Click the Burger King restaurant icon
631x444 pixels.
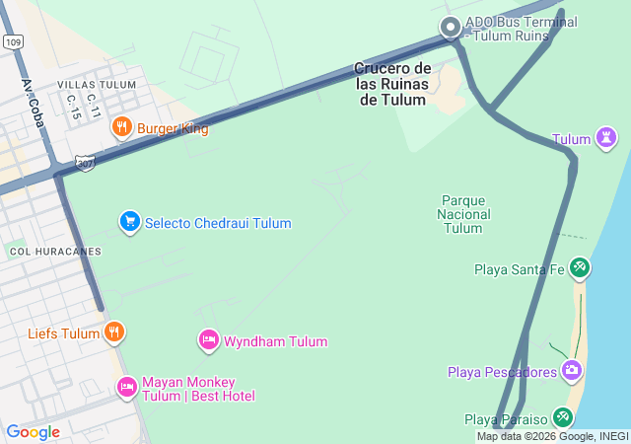coord(122,127)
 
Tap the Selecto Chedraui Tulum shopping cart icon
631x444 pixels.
coord(129,222)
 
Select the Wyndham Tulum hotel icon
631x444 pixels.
coord(208,341)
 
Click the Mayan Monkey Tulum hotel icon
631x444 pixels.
coord(126,387)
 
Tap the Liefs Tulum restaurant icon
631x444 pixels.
coord(114,333)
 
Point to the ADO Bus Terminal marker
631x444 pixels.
coord(451,28)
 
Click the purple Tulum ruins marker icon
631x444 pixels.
coord(606,139)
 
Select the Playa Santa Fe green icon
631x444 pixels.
coord(580,267)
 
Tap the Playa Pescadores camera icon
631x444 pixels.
coord(572,371)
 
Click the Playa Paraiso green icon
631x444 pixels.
coord(562,418)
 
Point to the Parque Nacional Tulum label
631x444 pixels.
coord(463,214)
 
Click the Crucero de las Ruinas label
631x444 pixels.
coord(392,83)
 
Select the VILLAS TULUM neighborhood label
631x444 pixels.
coord(97,85)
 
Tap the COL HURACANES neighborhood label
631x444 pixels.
coord(55,252)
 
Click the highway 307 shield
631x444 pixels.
coord(86,162)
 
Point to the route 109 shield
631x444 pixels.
coord(12,42)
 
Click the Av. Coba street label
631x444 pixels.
coord(36,99)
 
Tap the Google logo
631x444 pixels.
coord(33,432)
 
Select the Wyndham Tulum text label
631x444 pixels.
coord(275,342)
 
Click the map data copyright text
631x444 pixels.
coord(552,436)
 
